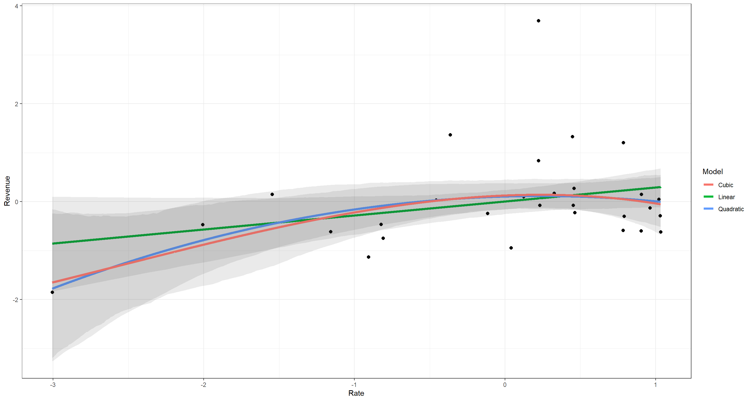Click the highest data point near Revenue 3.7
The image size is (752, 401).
538,21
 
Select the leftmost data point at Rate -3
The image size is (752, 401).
52,292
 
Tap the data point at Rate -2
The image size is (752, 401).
203,225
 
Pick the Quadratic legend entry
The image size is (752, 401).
724,209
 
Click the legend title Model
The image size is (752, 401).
713,172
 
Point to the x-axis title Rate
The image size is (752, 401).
356,393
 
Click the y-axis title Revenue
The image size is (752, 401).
7,191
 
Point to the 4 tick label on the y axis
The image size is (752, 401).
17,6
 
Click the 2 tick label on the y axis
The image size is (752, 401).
17,104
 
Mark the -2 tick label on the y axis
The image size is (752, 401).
15,300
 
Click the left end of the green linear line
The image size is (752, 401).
52,243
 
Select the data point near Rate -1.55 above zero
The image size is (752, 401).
272,194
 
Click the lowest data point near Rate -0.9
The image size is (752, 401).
368,257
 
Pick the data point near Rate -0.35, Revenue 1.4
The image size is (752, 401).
450,135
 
